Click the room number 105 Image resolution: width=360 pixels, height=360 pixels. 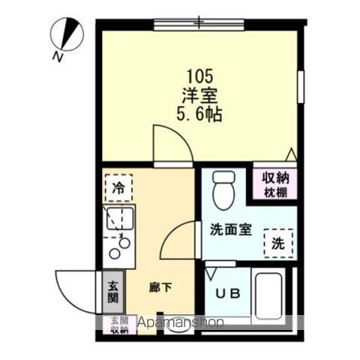click(x=199, y=76)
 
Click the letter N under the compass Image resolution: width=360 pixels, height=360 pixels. click(x=58, y=56)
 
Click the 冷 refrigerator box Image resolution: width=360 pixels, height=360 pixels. click(x=118, y=187)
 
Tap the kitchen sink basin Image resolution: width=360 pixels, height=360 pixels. click(x=118, y=220)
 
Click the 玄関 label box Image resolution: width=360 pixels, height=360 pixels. click(x=112, y=290)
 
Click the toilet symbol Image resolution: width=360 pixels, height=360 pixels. click(x=223, y=192)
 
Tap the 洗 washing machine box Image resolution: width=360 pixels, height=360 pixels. click(x=278, y=242)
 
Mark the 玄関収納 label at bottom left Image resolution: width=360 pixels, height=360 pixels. click(x=119, y=324)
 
